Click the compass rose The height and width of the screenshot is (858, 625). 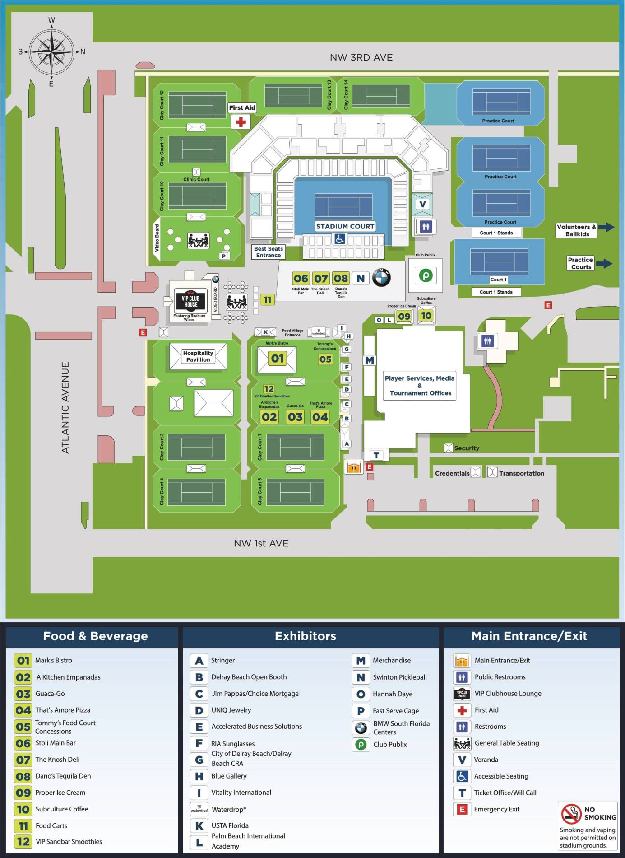coord(51,51)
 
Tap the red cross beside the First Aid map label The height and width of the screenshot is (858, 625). coord(241,121)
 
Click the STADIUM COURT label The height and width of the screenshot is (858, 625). coord(345,226)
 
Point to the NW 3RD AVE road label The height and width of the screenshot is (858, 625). coord(361,58)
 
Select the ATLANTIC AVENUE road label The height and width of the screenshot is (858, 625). coord(66,407)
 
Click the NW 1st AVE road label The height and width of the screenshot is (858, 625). coord(261,543)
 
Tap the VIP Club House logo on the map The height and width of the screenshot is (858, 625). coord(190,301)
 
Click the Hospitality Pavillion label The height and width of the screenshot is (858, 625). coord(198,356)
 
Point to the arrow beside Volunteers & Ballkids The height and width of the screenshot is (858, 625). coord(606,227)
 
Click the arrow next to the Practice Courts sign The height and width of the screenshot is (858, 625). coord(605,263)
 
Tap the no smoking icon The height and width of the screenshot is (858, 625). coord(571,813)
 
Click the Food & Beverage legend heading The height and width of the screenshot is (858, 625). coord(95,636)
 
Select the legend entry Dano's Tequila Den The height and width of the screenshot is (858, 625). coord(63,776)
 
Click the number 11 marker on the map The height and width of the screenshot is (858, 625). coord(267,300)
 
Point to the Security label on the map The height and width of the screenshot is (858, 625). coord(467,448)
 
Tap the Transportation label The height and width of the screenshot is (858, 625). coord(521,473)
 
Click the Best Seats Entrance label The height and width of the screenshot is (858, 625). coord(269,252)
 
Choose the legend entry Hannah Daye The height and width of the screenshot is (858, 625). coord(392,694)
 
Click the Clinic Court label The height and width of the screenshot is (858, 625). coord(196,179)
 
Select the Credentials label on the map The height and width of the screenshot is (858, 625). coord(452,473)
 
